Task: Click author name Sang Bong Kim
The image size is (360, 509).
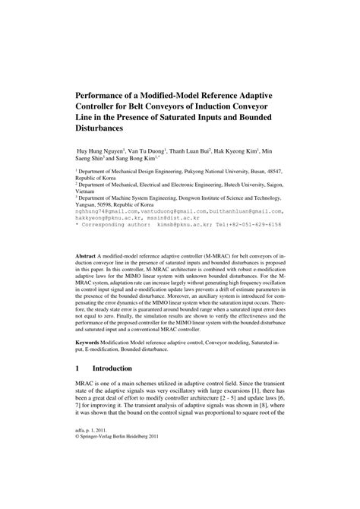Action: click(x=135, y=159)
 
